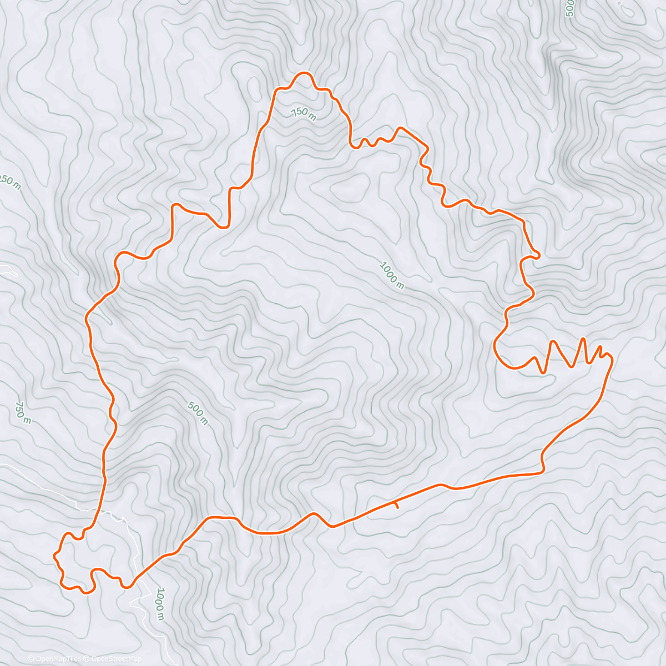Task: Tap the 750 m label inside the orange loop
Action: tap(303, 114)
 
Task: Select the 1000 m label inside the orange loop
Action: tap(392, 275)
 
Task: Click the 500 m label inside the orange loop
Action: tap(198, 413)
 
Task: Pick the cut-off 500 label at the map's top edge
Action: tap(569, 8)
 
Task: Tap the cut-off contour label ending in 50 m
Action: tap(9, 181)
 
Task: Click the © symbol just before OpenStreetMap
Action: tap(87, 659)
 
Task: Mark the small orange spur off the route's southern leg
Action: tap(396, 505)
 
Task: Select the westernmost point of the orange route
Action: tap(54, 554)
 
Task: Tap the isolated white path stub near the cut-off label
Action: tap(8, 270)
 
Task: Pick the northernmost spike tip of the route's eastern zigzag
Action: tap(583, 338)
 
